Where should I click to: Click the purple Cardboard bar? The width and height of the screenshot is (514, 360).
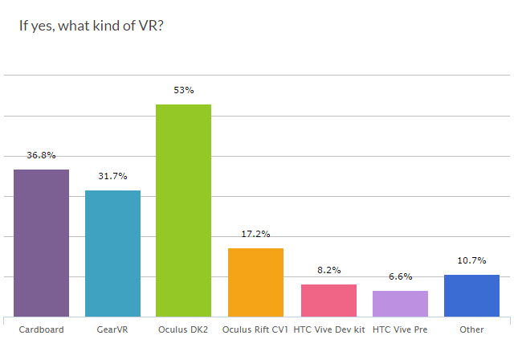click(x=41, y=243)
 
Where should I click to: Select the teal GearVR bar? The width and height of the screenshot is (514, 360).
click(x=113, y=253)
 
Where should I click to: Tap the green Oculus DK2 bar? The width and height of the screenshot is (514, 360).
click(x=183, y=211)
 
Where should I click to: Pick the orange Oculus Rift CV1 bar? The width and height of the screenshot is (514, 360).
click(x=255, y=282)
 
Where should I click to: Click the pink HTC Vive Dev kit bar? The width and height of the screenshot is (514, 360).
click(x=328, y=301)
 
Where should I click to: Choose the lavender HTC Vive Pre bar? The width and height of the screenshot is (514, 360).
click(x=400, y=304)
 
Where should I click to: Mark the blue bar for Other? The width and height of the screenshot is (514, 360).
click(x=471, y=296)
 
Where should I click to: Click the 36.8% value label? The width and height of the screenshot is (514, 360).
click(x=41, y=155)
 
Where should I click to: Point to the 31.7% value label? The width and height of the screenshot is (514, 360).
click(x=113, y=176)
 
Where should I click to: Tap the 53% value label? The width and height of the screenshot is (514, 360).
click(x=184, y=90)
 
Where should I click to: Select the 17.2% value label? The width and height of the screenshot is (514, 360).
click(x=255, y=234)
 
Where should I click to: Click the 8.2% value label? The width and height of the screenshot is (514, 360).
click(x=328, y=270)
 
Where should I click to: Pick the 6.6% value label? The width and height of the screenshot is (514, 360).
click(x=400, y=276)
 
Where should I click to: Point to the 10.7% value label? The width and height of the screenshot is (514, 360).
click(x=471, y=260)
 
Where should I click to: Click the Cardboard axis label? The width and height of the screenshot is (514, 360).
click(x=41, y=329)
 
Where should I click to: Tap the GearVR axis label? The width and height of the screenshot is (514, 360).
click(x=113, y=329)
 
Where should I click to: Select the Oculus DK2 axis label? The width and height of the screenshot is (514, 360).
click(x=184, y=329)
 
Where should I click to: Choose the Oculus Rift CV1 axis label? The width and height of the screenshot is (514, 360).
click(x=255, y=329)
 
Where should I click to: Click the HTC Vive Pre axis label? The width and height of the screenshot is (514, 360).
click(x=400, y=329)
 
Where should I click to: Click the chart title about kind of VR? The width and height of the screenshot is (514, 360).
click(x=92, y=25)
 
